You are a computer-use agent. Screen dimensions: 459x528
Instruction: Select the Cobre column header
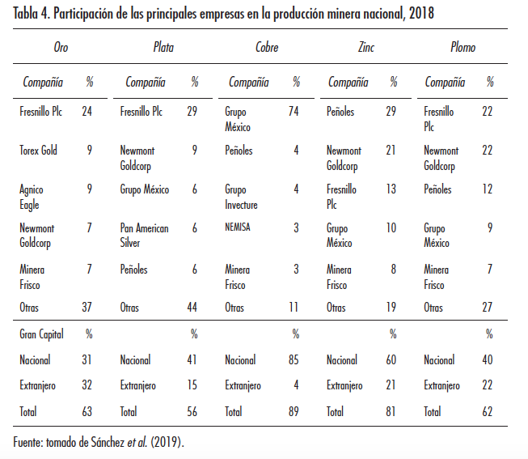(x=266, y=48)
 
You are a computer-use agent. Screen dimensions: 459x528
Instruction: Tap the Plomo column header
(x=463, y=48)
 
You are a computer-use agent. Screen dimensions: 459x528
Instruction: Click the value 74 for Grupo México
(x=293, y=112)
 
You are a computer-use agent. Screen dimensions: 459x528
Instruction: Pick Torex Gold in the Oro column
(x=38, y=151)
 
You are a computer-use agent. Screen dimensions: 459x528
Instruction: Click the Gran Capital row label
(x=43, y=334)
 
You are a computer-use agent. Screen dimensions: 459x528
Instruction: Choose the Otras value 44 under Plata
(x=192, y=308)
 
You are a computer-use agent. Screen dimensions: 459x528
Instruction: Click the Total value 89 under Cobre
(x=293, y=412)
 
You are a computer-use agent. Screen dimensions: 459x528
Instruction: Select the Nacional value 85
(x=293, y=360)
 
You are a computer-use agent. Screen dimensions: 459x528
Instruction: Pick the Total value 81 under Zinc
(x=391, y=412)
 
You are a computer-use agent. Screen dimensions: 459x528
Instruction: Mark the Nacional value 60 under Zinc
(x=391, y=360)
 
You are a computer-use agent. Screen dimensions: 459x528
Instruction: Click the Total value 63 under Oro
(x=87, y=412)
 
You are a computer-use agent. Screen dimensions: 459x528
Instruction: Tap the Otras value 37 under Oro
(x=87, y=308)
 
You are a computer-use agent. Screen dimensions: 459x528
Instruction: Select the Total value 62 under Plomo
(x=488, y=412)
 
